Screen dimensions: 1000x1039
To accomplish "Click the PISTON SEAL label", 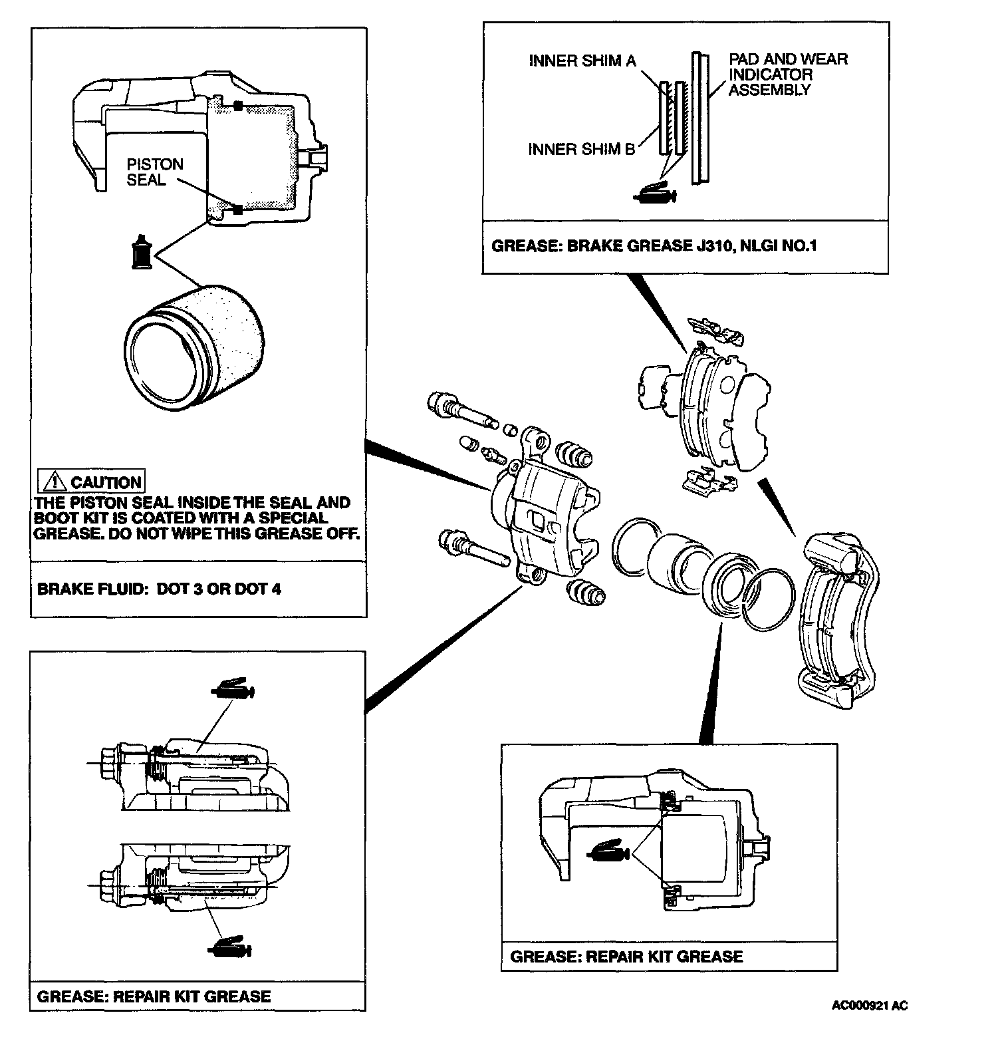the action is coord(154,172).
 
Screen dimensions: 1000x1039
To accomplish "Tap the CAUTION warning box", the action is coord(91,482).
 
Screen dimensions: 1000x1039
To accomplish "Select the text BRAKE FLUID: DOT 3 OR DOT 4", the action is coord(159,589).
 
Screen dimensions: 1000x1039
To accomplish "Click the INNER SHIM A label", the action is coord(582,61).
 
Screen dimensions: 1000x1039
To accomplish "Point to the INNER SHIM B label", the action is coord(582,149).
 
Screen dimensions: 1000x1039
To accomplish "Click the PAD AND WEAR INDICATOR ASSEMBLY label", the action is coord(788,74).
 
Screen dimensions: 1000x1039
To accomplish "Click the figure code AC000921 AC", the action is coord(869,1005).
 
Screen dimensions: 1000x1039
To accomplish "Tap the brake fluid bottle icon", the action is coord(141,251).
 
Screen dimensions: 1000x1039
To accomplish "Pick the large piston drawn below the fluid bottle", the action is coord(199,346).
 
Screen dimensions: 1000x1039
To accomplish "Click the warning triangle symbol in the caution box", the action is coord(52,482).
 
